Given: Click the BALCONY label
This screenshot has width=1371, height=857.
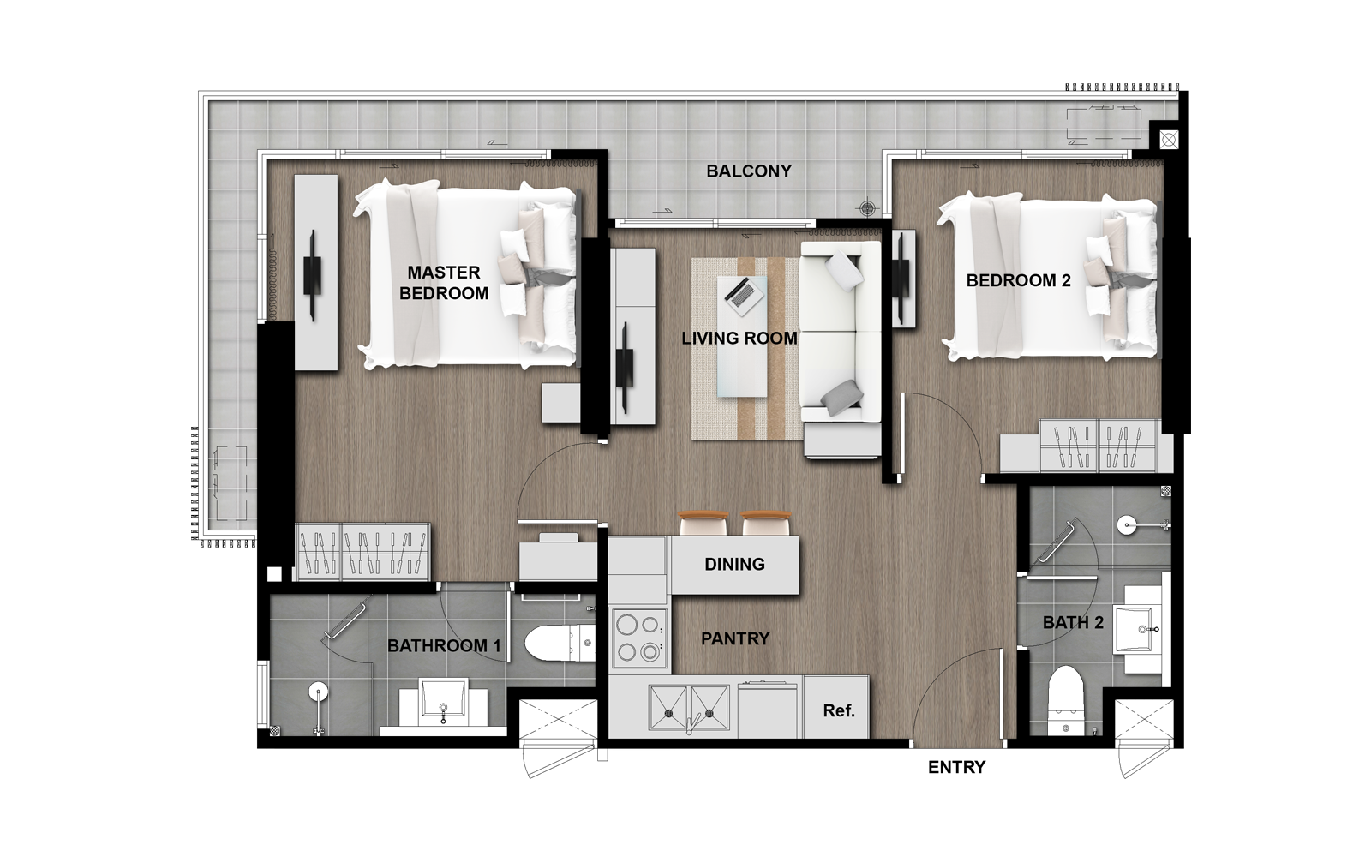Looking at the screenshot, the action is (x=749, y=171).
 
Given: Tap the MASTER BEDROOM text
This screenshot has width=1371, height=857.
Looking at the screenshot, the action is (x=444, y=283).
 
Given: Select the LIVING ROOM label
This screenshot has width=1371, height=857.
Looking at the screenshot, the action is (x=739, y=338).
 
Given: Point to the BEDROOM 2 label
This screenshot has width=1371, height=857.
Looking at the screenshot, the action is (x=1019, y=280).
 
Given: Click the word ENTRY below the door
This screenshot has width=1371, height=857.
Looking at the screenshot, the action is (x=956, y=767).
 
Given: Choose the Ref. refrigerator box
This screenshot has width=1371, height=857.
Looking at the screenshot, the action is (x=836, y=707).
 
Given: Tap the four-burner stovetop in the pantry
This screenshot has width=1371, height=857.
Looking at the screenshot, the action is (x=639, y=638).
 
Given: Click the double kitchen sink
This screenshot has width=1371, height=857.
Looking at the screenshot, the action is (x=689, y=708).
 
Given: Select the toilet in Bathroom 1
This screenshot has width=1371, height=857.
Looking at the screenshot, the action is (x=560, y=643).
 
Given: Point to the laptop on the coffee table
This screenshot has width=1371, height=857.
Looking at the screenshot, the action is (x=745, y=296).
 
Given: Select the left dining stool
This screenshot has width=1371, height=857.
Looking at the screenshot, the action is (x=703, y=524).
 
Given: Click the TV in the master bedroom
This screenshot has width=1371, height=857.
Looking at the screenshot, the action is (x=313, y=275).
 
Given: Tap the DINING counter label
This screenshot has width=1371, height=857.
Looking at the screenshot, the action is (x=734, y=564).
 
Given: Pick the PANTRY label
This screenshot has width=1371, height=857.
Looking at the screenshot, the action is (x=735, y=638).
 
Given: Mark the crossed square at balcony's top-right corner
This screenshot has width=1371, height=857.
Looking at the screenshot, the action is (x=1169, y=141).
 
